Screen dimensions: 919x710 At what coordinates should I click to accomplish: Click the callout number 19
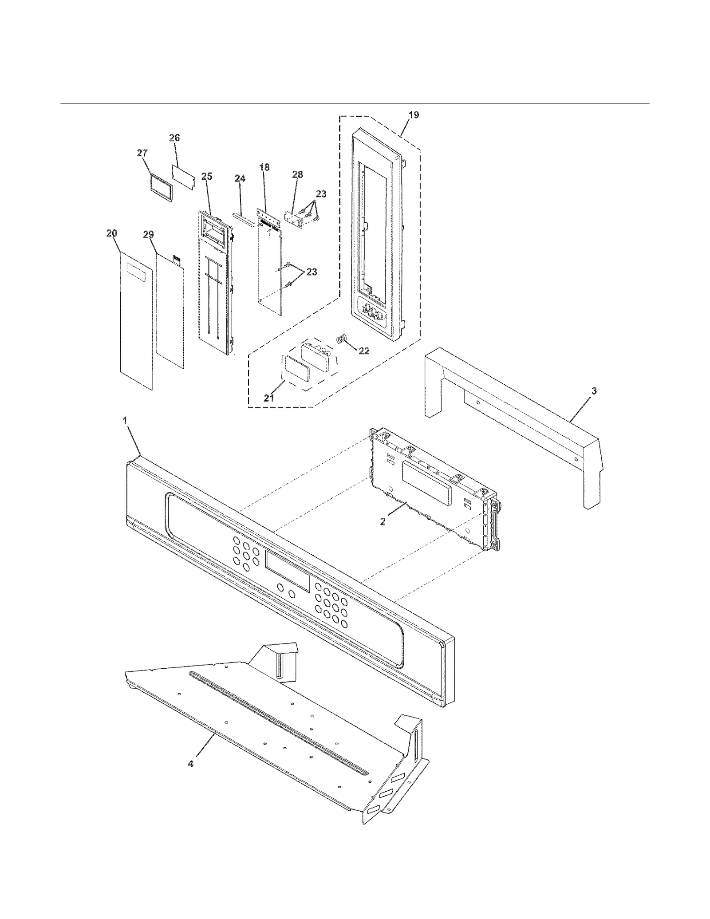click(x=413, y=115)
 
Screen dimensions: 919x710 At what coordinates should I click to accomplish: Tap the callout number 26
click(x=174, y=138)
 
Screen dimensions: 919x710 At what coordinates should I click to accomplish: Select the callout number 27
click(x=142, y=153)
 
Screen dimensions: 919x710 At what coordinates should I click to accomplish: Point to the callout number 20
click(x=112, y=233)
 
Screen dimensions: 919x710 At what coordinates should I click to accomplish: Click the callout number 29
click(x=148, y=235)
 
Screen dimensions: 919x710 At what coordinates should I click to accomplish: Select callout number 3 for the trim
click(x=594, y=391)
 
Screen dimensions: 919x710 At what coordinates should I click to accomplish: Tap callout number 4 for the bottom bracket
click(x=190, y=764)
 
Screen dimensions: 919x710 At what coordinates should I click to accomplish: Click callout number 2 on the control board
click(x=383, y=522)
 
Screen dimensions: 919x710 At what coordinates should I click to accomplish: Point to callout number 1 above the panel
click(x=125, y=420)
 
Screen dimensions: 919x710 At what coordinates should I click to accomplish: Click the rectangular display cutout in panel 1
click(x=288, y=571)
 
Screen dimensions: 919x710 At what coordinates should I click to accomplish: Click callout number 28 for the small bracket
click(x=297, y=175)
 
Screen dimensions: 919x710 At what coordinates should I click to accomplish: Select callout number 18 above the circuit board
click(x=264, y=168)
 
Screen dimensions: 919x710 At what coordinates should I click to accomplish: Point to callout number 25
click(x=206, y=177)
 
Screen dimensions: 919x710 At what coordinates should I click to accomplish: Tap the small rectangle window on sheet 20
click(x=136, y=270)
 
